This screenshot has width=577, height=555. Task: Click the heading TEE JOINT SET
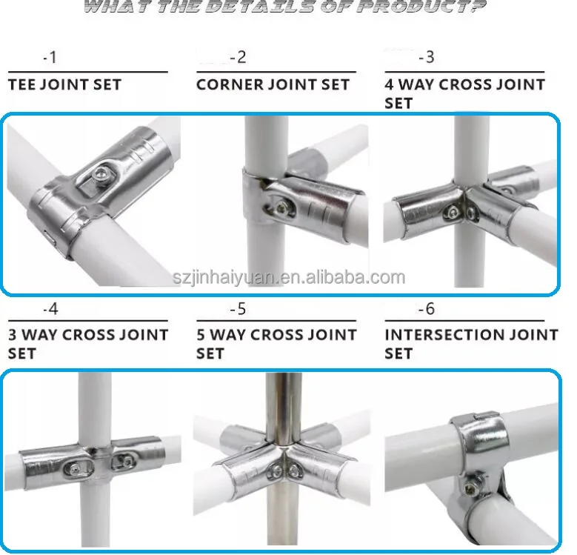(x=64, y=84)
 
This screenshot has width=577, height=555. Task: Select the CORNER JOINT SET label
(x=273, y=84)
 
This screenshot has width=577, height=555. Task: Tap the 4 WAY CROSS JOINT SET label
(x=464, y=93)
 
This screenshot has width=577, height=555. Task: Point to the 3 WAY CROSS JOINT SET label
(x=87, y=343)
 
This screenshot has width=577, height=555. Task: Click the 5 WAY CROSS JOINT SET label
(x=276, y=343)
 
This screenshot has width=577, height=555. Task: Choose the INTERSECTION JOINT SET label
(x=470, y=343)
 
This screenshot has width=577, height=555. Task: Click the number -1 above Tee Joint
(x=50, y=57)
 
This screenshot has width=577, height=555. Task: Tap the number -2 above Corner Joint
(x=238, y=57)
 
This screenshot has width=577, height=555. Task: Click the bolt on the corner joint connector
(x=284, y=202)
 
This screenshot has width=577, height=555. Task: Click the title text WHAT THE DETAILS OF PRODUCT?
(x=285, y=8)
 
